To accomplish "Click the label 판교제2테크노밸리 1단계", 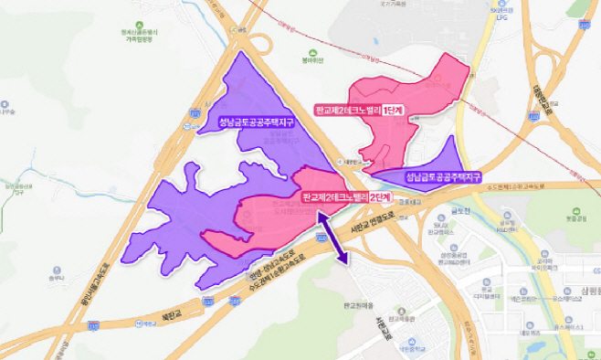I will [360, 110].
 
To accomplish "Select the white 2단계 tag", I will [379, 196].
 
